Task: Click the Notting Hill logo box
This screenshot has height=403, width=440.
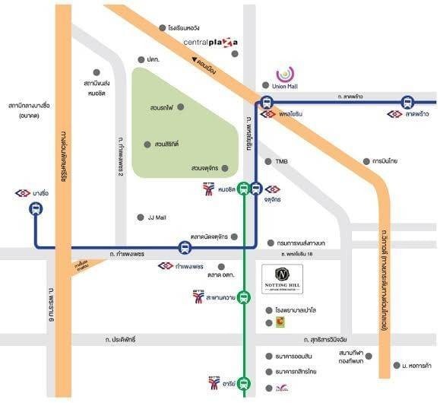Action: (282, 279)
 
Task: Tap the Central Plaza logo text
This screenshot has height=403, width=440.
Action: (211, 42)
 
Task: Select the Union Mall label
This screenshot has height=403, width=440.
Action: (283, 87)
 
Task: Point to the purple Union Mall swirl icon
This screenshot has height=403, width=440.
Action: (283, 74)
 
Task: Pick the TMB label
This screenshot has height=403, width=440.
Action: (282, 161)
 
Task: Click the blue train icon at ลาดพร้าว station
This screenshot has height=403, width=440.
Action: (407, 102)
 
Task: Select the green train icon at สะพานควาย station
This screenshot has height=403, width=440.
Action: (243, 297)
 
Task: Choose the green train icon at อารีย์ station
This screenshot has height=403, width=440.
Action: (243, 383)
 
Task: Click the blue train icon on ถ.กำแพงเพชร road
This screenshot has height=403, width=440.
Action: (184, 247)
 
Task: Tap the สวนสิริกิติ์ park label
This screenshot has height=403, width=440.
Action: (165, 144)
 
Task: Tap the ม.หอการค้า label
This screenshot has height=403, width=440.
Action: (419, 366)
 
